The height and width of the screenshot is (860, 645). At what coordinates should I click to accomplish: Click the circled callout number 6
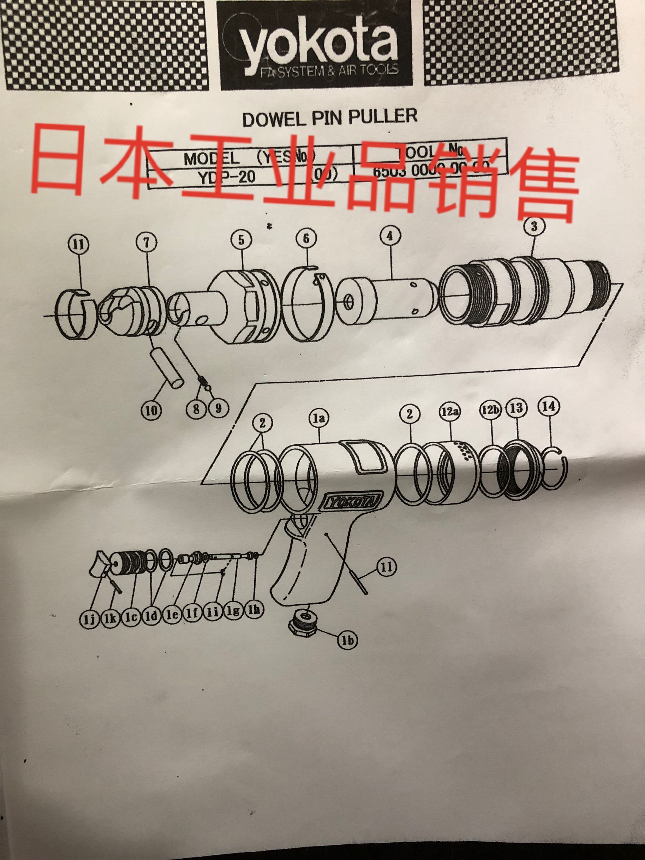(306, 239)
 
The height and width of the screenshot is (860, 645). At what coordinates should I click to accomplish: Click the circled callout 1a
(320, 418)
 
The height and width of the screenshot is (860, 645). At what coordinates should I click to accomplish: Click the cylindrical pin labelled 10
(167, 367)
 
